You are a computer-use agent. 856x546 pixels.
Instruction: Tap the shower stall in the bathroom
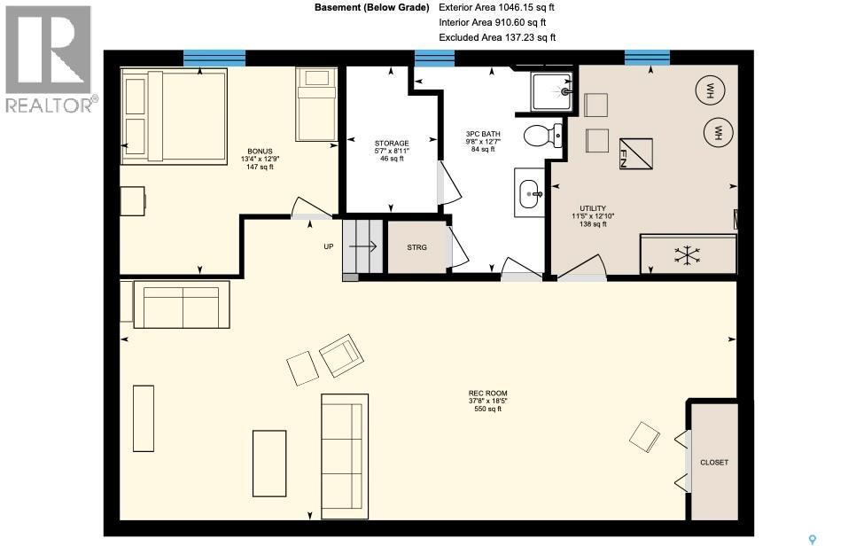tap(551, 90)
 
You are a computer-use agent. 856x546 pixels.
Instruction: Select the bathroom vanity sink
tap(529, 192)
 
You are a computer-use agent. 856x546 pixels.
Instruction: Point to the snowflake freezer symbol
tap(687, 254)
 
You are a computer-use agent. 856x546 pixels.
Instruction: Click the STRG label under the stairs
tap(416, 247)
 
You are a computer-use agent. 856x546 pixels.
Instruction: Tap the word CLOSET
tap(713, 462)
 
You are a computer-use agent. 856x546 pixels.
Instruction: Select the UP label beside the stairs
tap(328, 246)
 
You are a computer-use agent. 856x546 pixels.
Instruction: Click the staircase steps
tap(362, 246)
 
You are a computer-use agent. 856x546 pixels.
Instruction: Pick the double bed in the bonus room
tap(173, 117)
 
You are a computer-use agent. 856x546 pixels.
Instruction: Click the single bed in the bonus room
tap(315, 105)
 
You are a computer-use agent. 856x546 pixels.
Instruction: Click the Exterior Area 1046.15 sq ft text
tap(496, 7)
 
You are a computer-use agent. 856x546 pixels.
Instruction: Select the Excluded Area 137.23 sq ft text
tap(497, 37)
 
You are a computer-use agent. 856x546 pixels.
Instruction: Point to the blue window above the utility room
tap(647, 58)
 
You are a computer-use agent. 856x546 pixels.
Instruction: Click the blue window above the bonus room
tap(214, 58)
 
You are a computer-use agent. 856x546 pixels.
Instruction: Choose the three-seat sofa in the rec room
tap(344, 443)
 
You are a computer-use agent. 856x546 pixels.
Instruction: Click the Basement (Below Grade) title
tap(371, 7)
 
